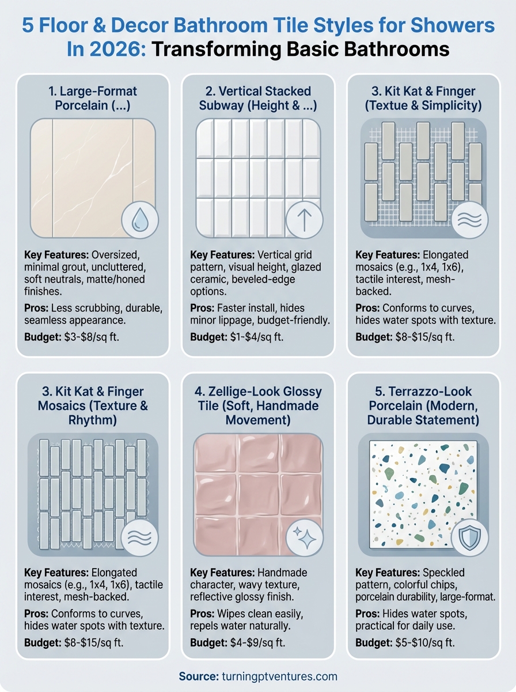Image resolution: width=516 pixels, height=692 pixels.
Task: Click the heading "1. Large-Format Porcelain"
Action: tap(93, 98)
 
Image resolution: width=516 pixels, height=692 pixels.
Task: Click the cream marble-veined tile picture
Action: tap(93, 178)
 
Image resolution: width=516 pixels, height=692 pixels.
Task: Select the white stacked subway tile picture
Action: tap(257, 178)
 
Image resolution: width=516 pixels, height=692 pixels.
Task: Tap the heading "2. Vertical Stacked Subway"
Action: tap(257, 98)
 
